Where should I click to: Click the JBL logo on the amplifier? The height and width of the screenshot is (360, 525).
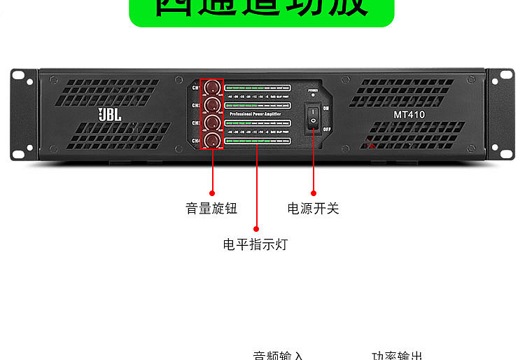pyautogui.click(x=110, y=113)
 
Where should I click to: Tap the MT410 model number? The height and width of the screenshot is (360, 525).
pyautogui.click(x=409, y=114)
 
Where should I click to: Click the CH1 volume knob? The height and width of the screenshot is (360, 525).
pyautogui.click(x=211, y=88)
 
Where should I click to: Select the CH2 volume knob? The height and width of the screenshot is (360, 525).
pyautogui.click(x=211, y=105)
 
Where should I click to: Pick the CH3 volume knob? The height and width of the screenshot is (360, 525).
pyautogui.click(x=211, y=123)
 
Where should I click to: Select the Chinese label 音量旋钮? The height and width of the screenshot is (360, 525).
pyautogui.click(x=211, y=209)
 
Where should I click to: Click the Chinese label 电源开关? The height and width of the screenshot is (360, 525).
pyautogui.click(x=313, y=209)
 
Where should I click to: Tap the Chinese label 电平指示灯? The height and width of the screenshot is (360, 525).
pyautogui.click(x=255, y=244)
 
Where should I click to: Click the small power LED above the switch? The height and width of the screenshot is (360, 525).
pyautogui.click(x=313, y=95)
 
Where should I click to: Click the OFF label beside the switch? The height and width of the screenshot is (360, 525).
pyautogui.click(x=327, y=129)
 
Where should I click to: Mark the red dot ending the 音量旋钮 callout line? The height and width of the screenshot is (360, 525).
pyautogui.click(x=212, y=192)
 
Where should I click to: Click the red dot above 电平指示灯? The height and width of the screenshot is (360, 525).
pyautogui.click(x=256, y=228)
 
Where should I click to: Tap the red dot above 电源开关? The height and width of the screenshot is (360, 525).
pyautogui.click(x=314, y=193)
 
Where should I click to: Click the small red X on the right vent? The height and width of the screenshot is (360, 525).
pyautogui.click(x=371, y=145)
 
